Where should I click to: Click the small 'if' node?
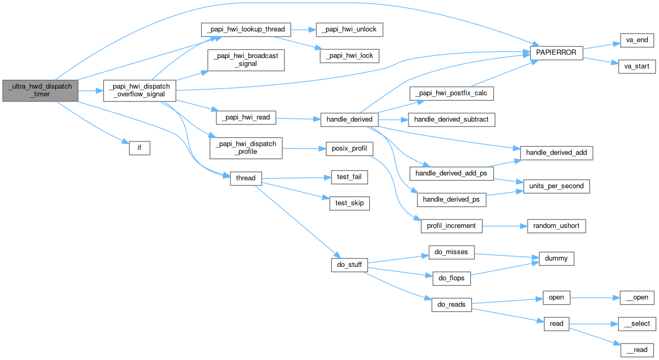click(139, 148)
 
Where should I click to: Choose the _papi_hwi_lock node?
click(349, 55)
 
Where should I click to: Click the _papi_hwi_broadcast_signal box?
click(246, 60)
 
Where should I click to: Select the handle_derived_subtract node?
click(451, 120)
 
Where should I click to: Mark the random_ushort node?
click(556, 226)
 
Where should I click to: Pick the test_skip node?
click(349, 203)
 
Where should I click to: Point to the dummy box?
click(556, 259)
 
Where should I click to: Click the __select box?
click(636, 323)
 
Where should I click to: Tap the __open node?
click(636, 297)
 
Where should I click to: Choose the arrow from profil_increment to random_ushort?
click(504, 226)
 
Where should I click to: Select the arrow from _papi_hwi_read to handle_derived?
click(298, 119)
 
